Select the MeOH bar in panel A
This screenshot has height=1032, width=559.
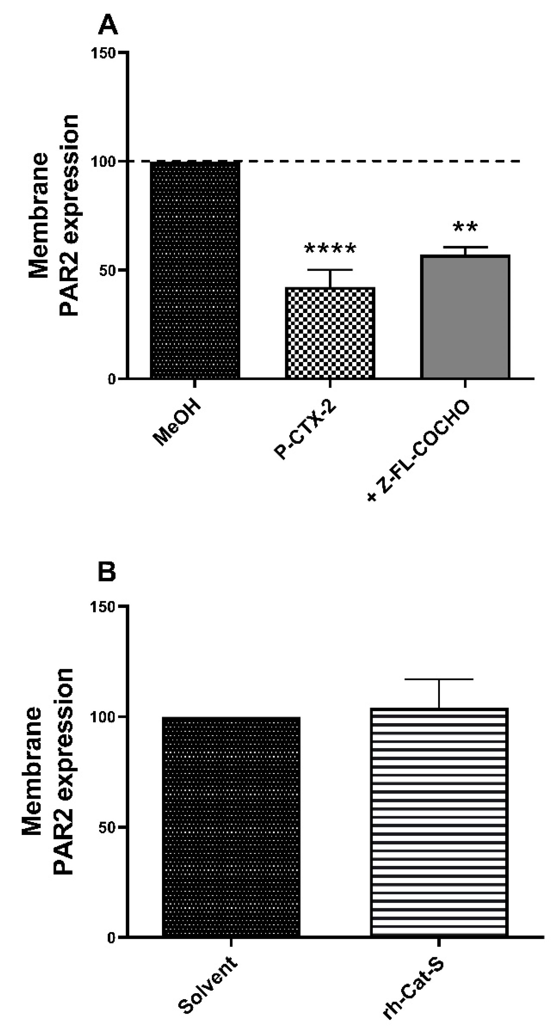point(195,269)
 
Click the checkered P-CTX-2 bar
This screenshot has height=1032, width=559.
point(330,333)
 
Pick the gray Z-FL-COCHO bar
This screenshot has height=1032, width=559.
point(465,316)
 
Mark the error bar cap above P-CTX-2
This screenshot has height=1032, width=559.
point(330,270)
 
